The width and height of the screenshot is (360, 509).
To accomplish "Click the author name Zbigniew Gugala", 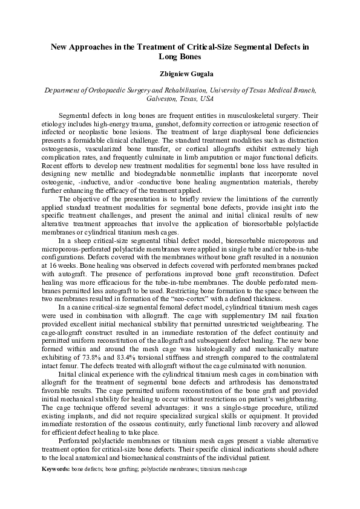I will point(180,73).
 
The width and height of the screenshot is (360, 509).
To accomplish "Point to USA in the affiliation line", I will point(206,99).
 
